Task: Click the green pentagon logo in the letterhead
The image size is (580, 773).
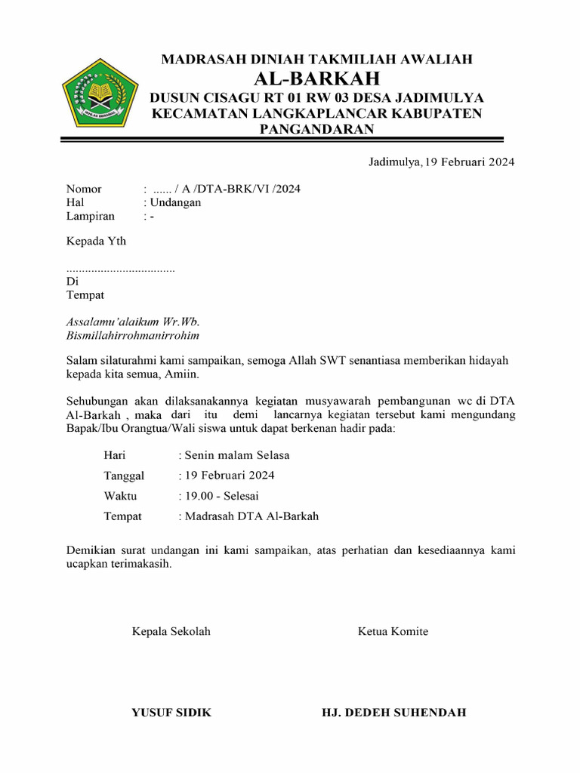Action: pyautogui.click(x=99, y=94)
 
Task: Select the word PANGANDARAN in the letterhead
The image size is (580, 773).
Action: pyautogui.click(x=316, y=129)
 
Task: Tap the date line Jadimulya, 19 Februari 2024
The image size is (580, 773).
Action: pyautogui.click(x=441, y=162)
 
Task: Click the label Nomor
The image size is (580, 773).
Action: pyautogui.click(x=84, y=189)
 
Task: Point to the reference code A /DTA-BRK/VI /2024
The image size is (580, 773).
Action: pyautogui.click(x=237, y=189)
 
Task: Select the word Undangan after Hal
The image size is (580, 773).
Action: pyautogui.click(x=175, y=202)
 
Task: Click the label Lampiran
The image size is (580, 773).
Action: pyautogui.click(x=91, y=216)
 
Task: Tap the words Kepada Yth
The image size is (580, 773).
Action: pyautogui.click(x=96, y=242)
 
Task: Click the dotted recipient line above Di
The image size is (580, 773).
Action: pyautogui.click(x=121, y=269)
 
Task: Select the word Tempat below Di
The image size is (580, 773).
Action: pyautogui.click(x=85, y=294)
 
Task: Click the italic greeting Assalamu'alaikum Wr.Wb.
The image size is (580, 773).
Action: pyautogui.click(x=132, y=321)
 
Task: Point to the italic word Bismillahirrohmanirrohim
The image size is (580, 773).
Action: pyautogui.click(x=133, y=334)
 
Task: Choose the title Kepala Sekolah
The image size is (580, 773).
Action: pyautogui.click(x=171, y=631)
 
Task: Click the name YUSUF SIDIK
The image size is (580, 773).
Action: pyautogui.click(x=171, y=712)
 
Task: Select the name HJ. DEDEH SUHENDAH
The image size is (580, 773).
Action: pyautogui.click(x=393, y=712)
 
